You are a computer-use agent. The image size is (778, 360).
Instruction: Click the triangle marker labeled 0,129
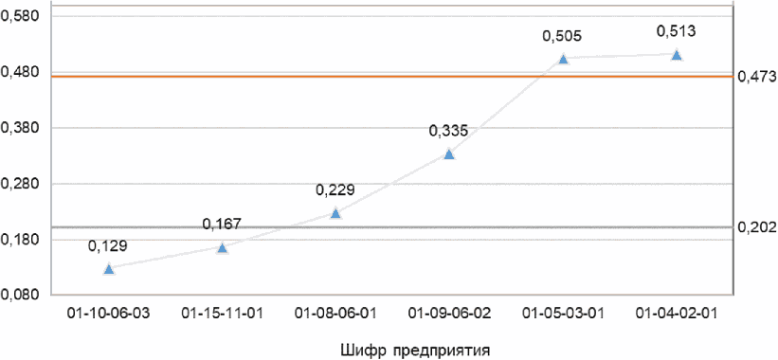(109, 269)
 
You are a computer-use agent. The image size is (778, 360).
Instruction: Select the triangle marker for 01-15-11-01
(223, 248)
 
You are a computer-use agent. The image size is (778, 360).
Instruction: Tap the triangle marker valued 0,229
(335, 213)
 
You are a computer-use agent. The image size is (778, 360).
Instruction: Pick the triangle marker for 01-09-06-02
(449, 154)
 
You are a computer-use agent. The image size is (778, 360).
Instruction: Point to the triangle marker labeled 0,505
(563, 59)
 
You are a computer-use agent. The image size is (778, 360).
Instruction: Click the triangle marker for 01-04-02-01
(676, 55)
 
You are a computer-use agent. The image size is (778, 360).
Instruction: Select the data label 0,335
(448, 132)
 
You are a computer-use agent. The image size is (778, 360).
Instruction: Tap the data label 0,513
(676, 31)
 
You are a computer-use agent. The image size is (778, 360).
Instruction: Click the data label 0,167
(223, 225)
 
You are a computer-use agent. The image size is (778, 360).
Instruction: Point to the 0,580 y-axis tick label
(20, 17)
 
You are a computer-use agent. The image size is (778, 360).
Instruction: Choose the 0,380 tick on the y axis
(20, 129)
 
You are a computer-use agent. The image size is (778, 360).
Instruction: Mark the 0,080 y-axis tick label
(20, 296)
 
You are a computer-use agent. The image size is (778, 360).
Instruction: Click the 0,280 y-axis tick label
(20, 185)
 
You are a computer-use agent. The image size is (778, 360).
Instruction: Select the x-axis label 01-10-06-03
(109, 314)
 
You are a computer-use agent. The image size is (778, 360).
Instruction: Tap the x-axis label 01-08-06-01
(335, 314)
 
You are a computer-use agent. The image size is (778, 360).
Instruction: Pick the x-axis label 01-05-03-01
(563, 314)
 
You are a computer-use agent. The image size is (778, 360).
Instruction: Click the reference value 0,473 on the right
(757, 77)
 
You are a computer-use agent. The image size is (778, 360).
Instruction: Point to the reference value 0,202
(757, 227)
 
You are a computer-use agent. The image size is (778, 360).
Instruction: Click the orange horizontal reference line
(392, 77)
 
